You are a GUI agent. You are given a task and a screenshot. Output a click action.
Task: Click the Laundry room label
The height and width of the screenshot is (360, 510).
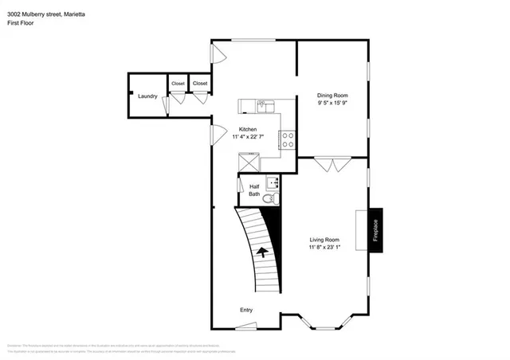(147, 97)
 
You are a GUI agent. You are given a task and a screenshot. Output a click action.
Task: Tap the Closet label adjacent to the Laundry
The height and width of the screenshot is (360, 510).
(177, 83)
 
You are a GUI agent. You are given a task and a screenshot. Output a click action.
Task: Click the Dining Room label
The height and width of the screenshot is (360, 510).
(332, 96)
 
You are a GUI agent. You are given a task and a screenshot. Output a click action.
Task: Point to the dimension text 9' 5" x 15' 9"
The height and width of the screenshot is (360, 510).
(332, 103)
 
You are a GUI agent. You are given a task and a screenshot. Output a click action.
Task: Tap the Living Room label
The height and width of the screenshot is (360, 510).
(325, 239)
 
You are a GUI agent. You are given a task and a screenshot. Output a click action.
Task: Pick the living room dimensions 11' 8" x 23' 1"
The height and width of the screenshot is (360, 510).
(325, 246)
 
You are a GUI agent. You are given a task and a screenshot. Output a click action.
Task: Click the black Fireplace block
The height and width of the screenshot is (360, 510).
(375, 230)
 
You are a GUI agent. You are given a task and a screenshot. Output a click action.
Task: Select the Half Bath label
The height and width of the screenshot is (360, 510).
(254, 190)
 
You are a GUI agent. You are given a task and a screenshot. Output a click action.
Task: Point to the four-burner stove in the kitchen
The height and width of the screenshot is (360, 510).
(288, 140)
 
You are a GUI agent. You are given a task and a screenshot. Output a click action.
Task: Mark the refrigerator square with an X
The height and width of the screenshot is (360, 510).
(250, 161)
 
